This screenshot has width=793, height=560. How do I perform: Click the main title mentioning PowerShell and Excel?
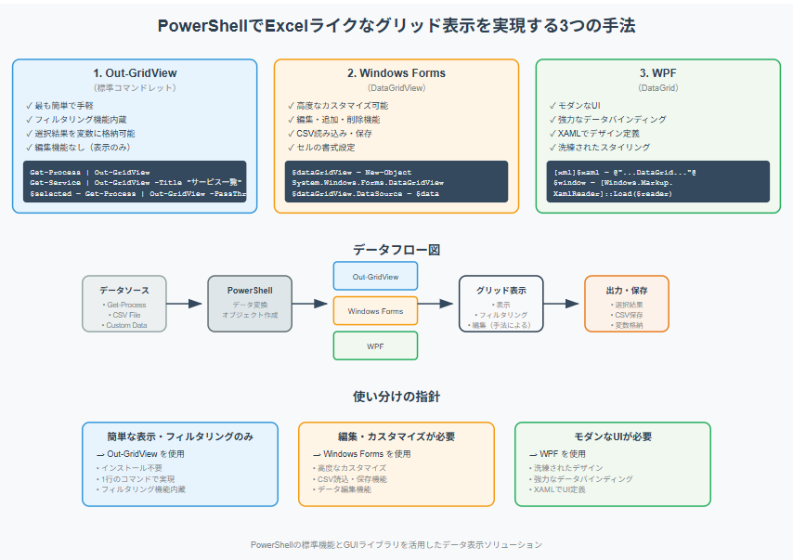pos(396,24)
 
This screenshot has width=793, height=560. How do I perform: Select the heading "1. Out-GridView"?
pos(135,73)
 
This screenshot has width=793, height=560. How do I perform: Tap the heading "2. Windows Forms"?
pos(396,73)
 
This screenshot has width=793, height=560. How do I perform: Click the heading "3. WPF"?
pos(657,73)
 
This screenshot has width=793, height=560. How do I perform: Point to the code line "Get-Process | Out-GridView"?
pos(90,173)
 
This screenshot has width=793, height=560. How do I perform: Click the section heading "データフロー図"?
pos(396,250)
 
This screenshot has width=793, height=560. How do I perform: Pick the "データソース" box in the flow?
pos(124,303)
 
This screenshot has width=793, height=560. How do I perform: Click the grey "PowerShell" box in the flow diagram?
pos(249,303)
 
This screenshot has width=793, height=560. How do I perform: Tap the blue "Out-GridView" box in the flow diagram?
pos(375,276)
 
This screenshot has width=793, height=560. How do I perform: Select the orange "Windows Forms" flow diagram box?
pos(375,311)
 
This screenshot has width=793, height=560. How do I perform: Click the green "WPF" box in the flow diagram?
pos(375,345)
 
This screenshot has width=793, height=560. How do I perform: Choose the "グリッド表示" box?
pos(500,303)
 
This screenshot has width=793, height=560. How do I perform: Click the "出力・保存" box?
pos(626,303)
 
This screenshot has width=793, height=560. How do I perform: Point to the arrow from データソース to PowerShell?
pos(186,304)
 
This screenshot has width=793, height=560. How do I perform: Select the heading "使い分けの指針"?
pos(396,397)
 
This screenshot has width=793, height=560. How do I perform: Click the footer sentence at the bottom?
pos(396,544)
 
